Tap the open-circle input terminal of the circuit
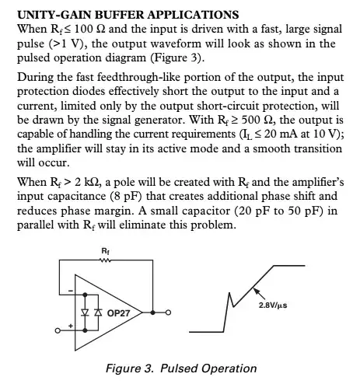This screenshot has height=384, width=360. point(57,333)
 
